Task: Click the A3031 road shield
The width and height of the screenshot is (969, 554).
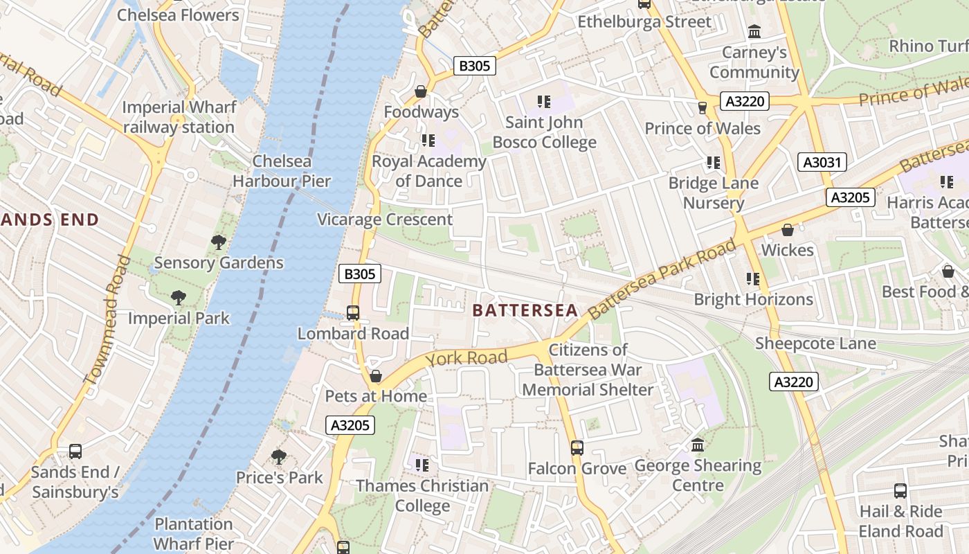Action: click(822, 163)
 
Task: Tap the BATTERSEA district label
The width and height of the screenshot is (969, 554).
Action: click(525, 310)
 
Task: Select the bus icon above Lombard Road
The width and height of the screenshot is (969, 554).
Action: click(353, 312)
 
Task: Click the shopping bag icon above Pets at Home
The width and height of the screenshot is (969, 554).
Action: click(375, 376)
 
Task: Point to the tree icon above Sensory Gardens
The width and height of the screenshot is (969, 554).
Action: click(219, 242)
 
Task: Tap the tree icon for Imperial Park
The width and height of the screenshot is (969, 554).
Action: click(179, 298)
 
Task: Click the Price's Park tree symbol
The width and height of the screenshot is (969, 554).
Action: click(279, 457)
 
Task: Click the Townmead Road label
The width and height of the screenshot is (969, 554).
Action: click(107, 319)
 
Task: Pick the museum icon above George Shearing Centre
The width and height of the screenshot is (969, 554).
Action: click(698, 445)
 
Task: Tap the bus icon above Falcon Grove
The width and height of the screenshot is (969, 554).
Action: click(577, 448)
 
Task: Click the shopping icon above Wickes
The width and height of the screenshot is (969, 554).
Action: click(787, 230)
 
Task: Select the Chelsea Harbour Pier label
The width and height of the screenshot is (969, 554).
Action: click(282, 171)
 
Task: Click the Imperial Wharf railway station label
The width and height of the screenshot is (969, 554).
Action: click(179, 117)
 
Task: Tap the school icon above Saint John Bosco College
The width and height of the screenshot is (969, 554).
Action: click(544, 102)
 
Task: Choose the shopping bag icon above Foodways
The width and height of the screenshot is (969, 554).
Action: click(420, 91)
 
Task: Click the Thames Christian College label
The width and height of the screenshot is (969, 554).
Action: click(422, 496)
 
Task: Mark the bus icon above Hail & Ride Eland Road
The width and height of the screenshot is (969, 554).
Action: click(900, 491)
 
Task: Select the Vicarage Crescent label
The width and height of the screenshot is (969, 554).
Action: click(385, 220)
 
